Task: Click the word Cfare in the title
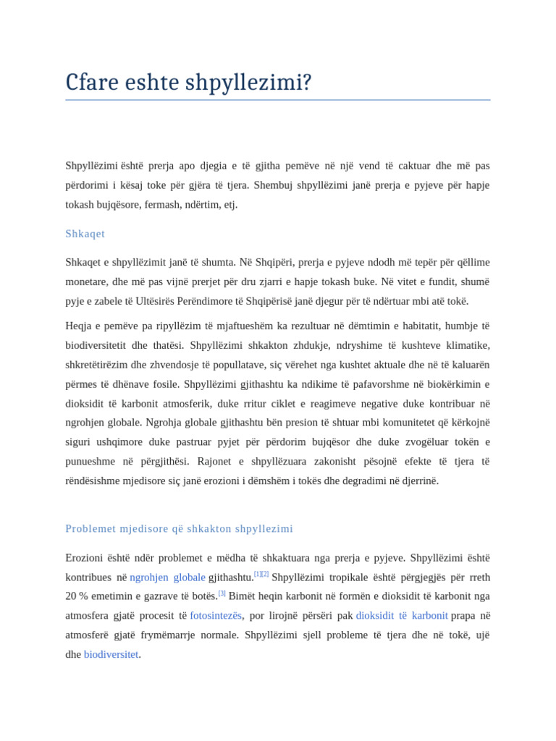point(91,82)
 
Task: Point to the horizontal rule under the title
point(277,100)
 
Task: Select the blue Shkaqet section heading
point(85,234)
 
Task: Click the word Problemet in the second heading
point(90,528)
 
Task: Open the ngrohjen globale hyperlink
point(167,577)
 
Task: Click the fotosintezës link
point(216,615)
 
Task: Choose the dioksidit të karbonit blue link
point(402,615)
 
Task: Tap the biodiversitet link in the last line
point(111,654)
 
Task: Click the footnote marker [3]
point(222,593)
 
